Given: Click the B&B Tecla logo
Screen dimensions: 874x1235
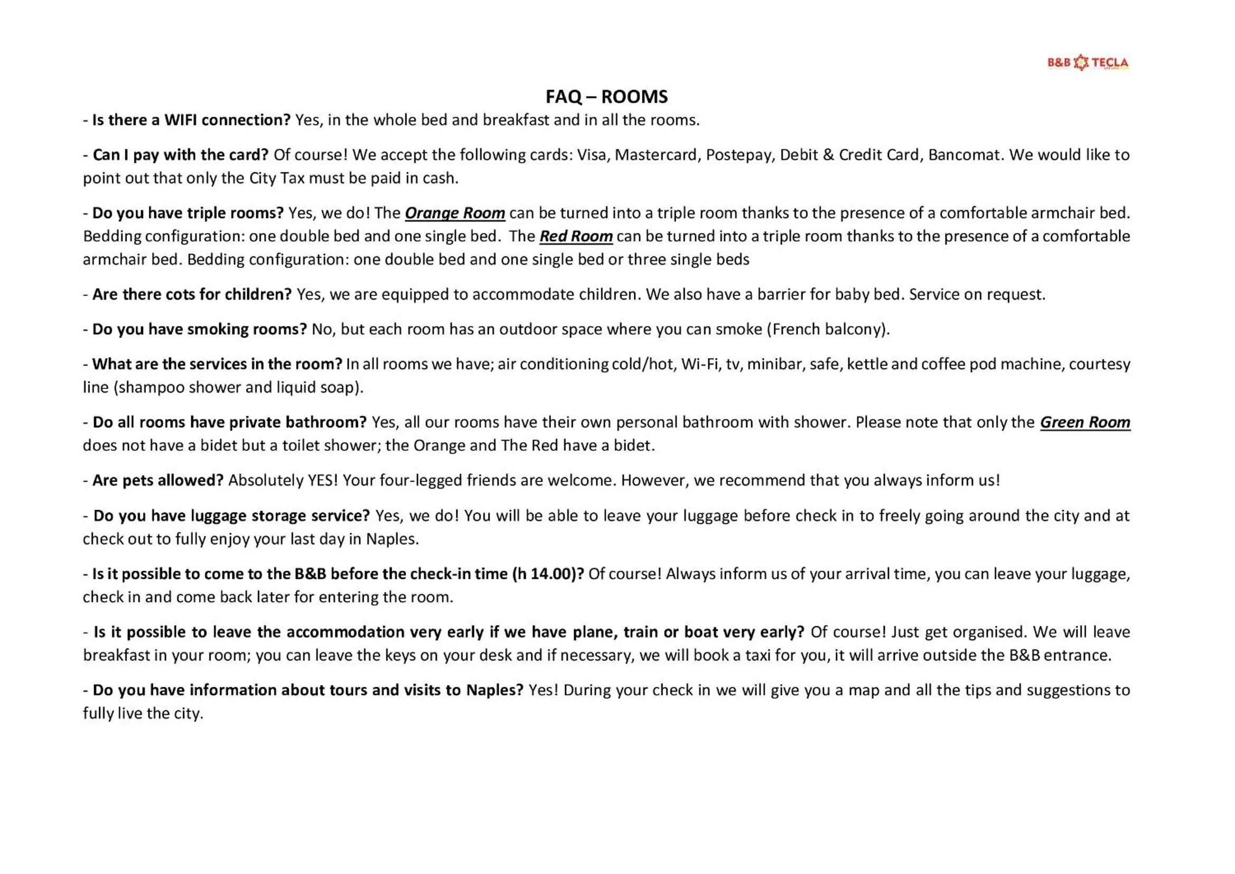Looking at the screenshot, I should pyautogui.click(x=1087, y=62).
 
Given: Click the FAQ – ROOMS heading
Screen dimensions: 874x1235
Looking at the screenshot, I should pyautogui.click(x=606, y=97).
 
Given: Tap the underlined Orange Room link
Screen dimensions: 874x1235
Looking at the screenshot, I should pyautogui.click(x=454, y=213).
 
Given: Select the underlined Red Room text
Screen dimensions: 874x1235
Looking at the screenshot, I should pyautogui.click(x=576, y=236).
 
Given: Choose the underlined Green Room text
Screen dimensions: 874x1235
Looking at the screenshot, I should pyautogui.click(x=1084, y=423).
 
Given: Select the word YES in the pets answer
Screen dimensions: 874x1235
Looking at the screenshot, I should pyautogui.click(x=322, y=480).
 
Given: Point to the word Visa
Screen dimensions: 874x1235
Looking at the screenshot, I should pyautogui.click(x=592, y=155).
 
